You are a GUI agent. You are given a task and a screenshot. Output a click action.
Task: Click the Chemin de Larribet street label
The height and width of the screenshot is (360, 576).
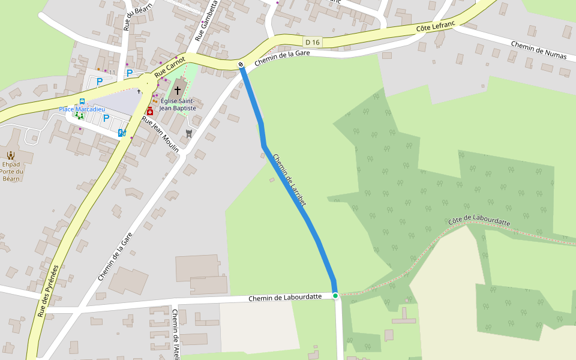pos(290,181)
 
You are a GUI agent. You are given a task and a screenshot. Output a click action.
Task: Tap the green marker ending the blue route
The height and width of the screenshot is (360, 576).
pos(335,295)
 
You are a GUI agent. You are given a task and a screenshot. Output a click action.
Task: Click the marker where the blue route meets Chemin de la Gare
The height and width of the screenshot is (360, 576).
pos(241,64)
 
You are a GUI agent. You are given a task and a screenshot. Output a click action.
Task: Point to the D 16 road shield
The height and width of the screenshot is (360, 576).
pos(312,42)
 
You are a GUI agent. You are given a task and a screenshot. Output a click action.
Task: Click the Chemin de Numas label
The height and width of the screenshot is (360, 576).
pos(539,50)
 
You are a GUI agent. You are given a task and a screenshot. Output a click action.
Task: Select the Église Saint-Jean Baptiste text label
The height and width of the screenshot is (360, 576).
pos(178,104)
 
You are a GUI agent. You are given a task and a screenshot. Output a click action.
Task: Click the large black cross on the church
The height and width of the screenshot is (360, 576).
pos(177,90)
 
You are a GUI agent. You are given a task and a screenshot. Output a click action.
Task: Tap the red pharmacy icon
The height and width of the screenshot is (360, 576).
pos(150,111)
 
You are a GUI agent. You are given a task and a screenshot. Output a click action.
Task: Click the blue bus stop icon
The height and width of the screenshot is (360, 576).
pos(82,101)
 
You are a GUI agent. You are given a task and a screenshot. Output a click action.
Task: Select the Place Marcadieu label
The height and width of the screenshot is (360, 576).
pos(82,109)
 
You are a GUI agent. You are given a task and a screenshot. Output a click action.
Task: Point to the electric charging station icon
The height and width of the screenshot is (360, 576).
pos(121,133)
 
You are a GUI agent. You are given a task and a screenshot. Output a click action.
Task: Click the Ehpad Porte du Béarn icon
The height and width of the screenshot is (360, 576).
pos(10,155)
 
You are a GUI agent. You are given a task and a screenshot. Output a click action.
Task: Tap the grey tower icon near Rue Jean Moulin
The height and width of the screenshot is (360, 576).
pos(190,133)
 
